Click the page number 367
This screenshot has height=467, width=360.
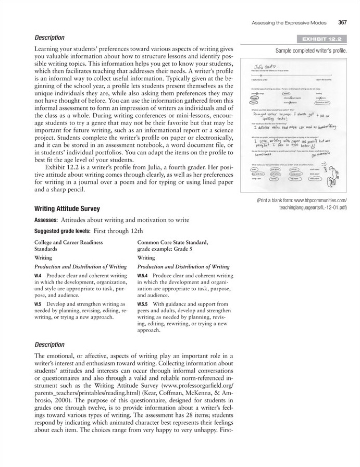click(342, 22)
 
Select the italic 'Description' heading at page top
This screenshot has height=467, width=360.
click(49, 38)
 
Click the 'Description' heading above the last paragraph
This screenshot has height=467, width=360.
click(49, 345)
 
